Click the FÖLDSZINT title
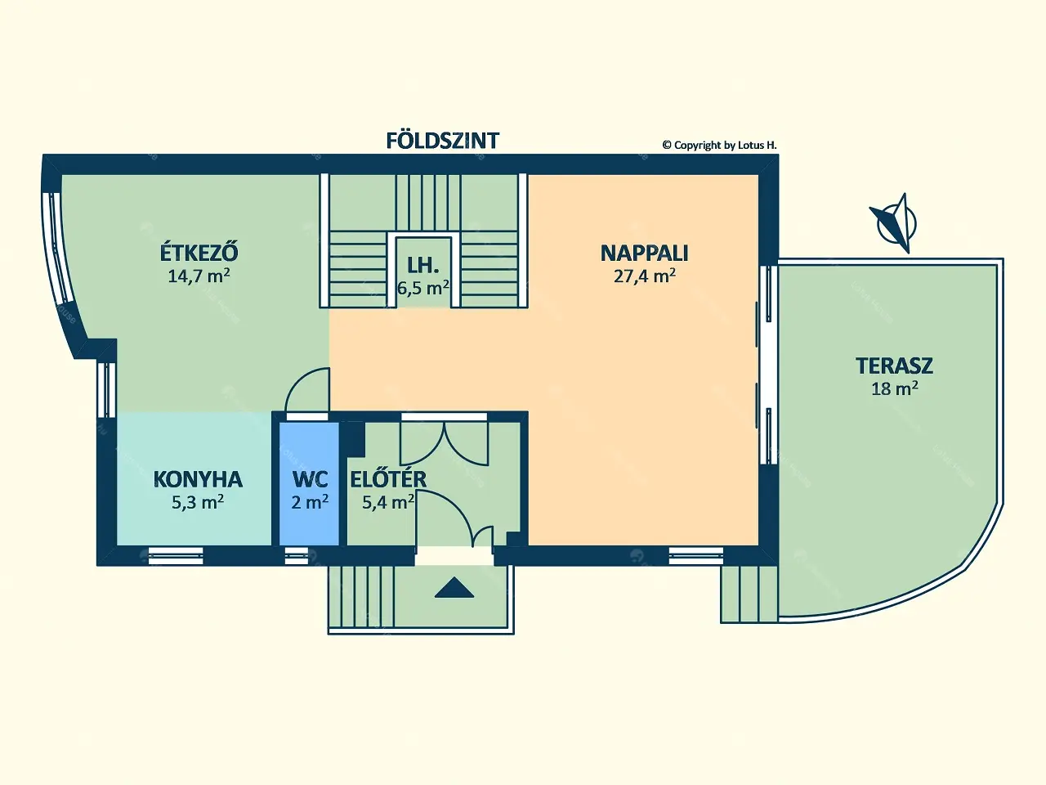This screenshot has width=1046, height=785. (x=442, y=141)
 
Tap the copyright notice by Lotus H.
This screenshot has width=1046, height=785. (x=720, y=146)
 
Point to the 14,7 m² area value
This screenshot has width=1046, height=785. (x=199, y=276)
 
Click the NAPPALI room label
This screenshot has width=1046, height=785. (x=644, y=253)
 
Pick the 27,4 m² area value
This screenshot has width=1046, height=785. (x=644, y=276)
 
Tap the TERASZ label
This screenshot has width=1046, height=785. (x=895, y=366)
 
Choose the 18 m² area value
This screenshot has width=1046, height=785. (x=895, y=388)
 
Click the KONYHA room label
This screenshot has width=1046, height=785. (x=198, y=479)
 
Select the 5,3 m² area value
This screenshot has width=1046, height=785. (x=198, y=502)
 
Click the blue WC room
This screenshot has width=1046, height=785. (x=309, y=484)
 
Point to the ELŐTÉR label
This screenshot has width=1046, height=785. (x=388, y=479)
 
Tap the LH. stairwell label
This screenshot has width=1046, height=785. (x=422, y=266)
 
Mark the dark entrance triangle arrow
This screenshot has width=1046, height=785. (x=454, y=587)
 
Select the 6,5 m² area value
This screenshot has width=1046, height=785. (x=423, y=288)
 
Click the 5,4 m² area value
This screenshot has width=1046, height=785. (x=387, y=502)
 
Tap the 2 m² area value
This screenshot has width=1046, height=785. (x=309, y=502)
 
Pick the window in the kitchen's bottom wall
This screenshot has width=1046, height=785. (x=176, y=556)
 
